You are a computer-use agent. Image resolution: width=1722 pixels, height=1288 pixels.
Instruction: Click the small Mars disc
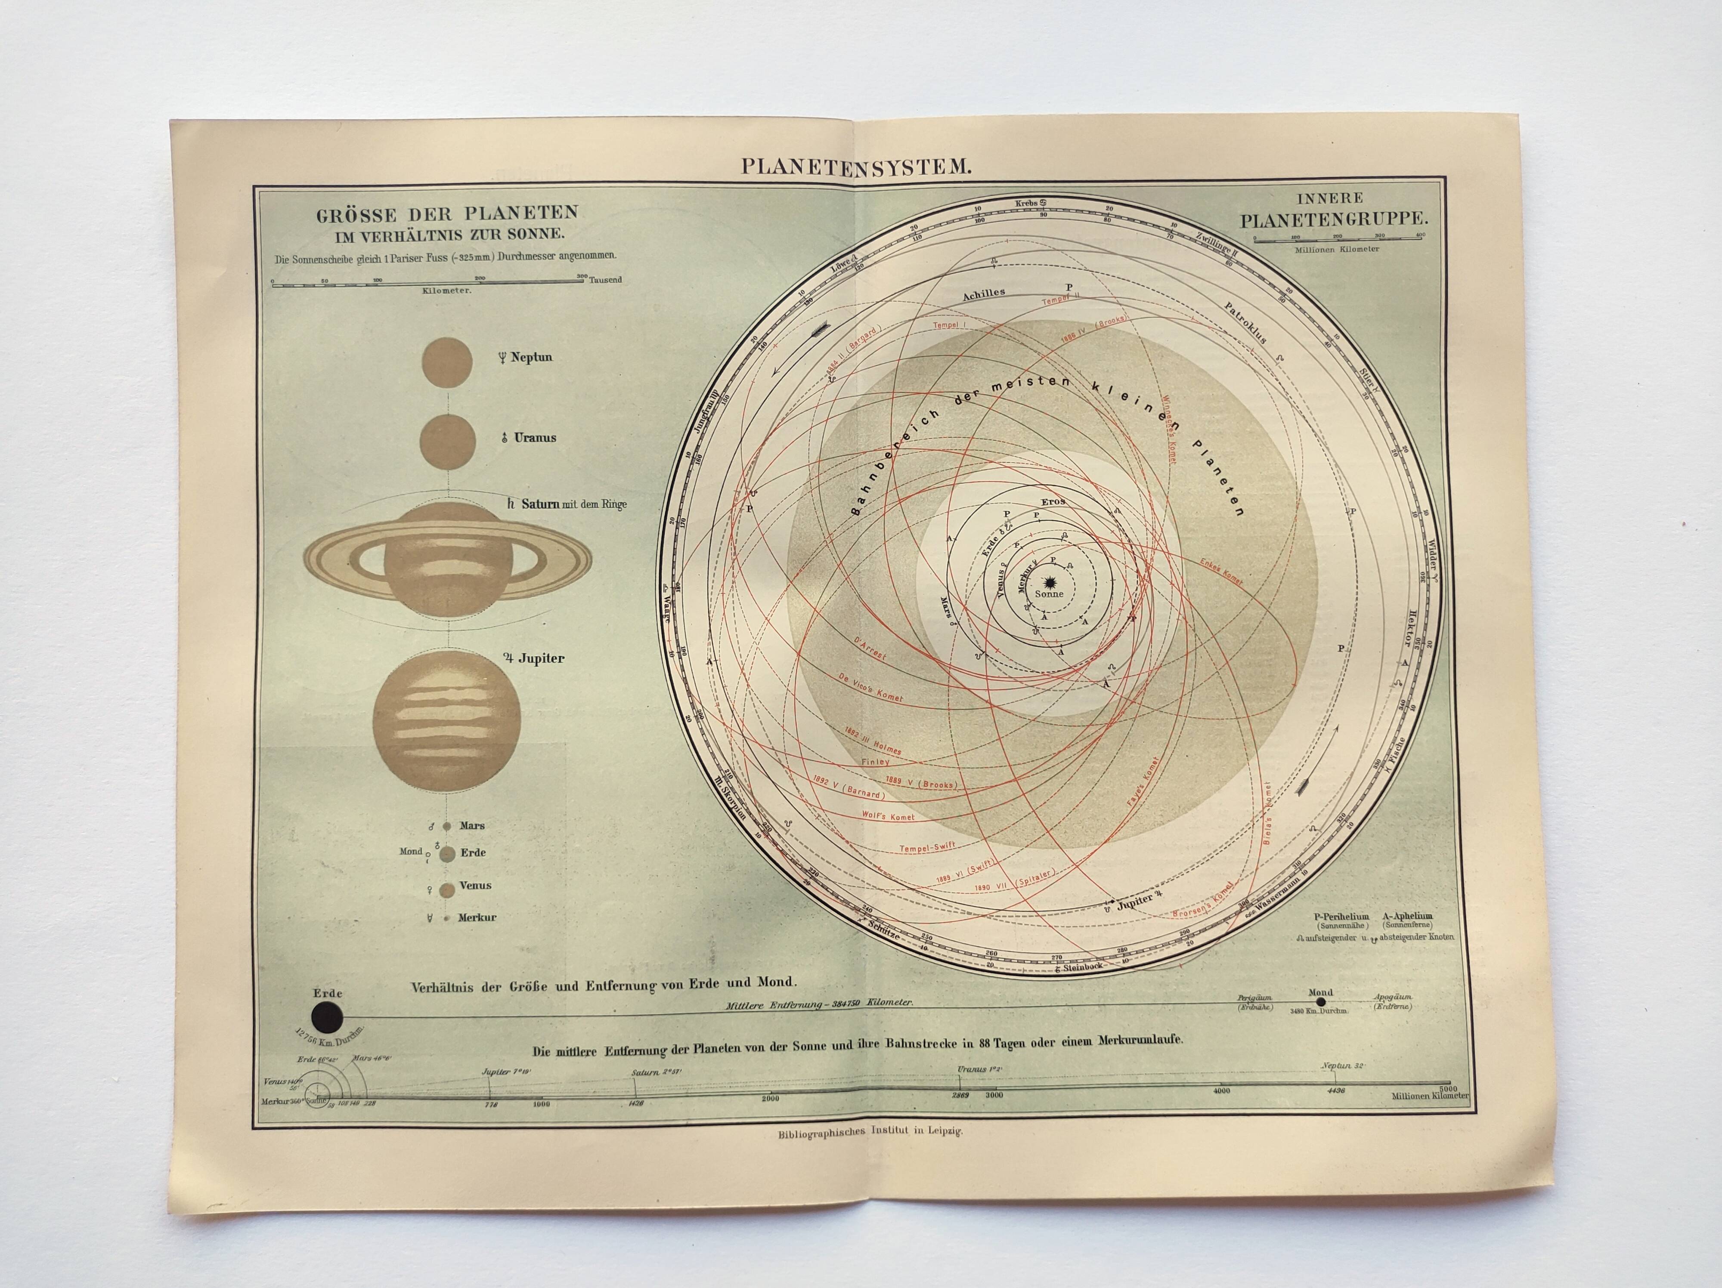tap(447, 826)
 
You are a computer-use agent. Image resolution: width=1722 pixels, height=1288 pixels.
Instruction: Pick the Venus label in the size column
tap(475, 885)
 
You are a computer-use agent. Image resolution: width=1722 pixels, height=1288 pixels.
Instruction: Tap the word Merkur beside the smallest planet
tap(477, 917)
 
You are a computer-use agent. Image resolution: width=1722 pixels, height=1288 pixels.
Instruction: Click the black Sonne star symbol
tap(1050, 581)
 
